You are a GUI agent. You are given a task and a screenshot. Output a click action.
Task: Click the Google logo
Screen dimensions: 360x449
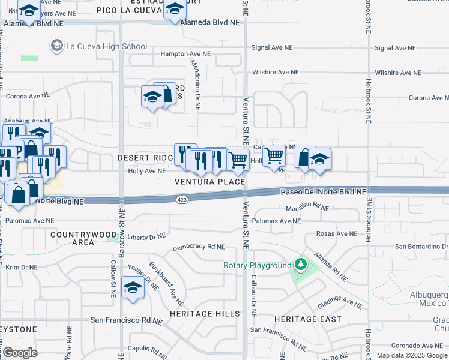pos(20,353)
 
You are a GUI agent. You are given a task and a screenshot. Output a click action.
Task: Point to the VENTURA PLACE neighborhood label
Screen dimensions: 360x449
pos(210,182)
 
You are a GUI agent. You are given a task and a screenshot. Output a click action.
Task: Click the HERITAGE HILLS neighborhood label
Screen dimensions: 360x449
pos(200,314)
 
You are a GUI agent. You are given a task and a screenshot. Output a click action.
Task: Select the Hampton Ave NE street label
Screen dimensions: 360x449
pos(185,53)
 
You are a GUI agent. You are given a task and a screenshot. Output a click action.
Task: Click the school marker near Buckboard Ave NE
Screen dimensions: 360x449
pos(133,287)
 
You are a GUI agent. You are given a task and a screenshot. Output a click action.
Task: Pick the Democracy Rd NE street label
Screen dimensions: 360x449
pos(198,247)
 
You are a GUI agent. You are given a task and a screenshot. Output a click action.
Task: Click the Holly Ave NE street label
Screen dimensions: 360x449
pos(146,171)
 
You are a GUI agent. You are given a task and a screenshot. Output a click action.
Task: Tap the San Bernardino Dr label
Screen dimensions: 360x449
pos(421,247)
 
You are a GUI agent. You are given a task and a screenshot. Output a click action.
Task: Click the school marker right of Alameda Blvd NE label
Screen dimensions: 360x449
pos(175,9)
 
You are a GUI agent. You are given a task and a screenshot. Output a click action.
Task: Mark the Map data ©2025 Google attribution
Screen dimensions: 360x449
pos(412,355)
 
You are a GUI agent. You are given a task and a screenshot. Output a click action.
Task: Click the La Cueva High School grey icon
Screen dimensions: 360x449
pos(57,46)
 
